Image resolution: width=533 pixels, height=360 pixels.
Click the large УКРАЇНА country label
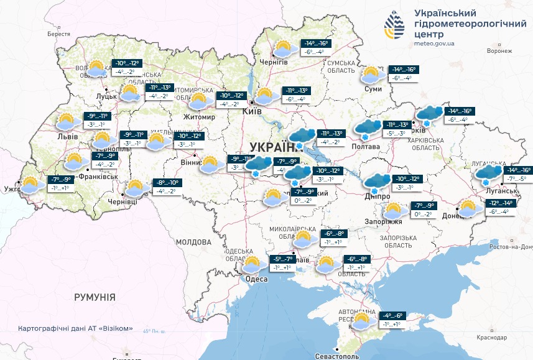coord(274,147)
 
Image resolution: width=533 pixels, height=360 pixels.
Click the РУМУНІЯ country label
coord(95,297)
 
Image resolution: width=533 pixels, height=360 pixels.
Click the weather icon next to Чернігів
coord(285,48)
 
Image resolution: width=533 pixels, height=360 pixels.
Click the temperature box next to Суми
coord(403,73)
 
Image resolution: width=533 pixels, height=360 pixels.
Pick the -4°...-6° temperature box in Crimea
coord(390,320)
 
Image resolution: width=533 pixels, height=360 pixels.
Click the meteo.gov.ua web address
coord(433,44)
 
